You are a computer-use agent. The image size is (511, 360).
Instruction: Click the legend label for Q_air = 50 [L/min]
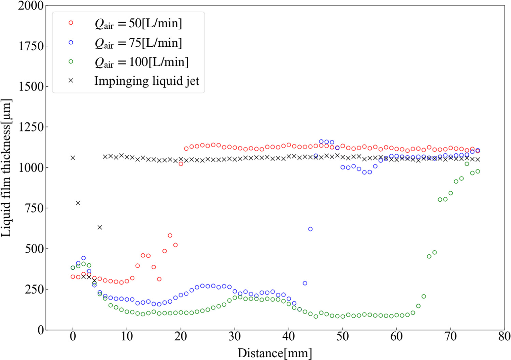[x=138, y=23]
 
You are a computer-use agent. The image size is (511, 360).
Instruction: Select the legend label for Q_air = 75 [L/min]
[x=138, y=43]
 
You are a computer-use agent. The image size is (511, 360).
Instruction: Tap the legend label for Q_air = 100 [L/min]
[x=141, y=62]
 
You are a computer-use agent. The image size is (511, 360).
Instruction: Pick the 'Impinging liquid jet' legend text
[x=147, y=81]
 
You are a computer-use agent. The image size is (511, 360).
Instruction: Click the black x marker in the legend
[x=71, y=81]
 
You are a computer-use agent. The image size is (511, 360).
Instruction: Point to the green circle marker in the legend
[x=71, y=61]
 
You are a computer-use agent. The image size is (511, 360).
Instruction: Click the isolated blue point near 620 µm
[x=310, y=229]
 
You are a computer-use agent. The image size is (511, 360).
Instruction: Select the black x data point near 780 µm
[x=78, y=203]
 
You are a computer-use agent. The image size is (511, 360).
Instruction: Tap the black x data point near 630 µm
[x=100, y=227]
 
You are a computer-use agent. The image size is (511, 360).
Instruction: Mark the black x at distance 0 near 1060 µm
[x=73, y=157]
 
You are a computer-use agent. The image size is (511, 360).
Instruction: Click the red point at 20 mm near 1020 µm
[x=181, y=164]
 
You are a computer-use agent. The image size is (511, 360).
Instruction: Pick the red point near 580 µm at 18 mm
[x=170, y=235]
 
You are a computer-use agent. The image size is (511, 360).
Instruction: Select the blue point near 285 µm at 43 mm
[x=305, y=283]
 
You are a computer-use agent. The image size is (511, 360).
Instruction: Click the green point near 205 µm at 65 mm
[x=424, y=296]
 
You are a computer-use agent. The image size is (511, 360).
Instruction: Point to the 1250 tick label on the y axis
[x=31, y=127]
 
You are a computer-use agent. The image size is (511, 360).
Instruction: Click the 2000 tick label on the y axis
[x=31, y=6]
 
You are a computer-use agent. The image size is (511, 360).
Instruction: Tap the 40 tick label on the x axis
[x=288, y=337]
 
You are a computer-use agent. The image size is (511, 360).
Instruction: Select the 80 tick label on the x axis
[x=504, y=337]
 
